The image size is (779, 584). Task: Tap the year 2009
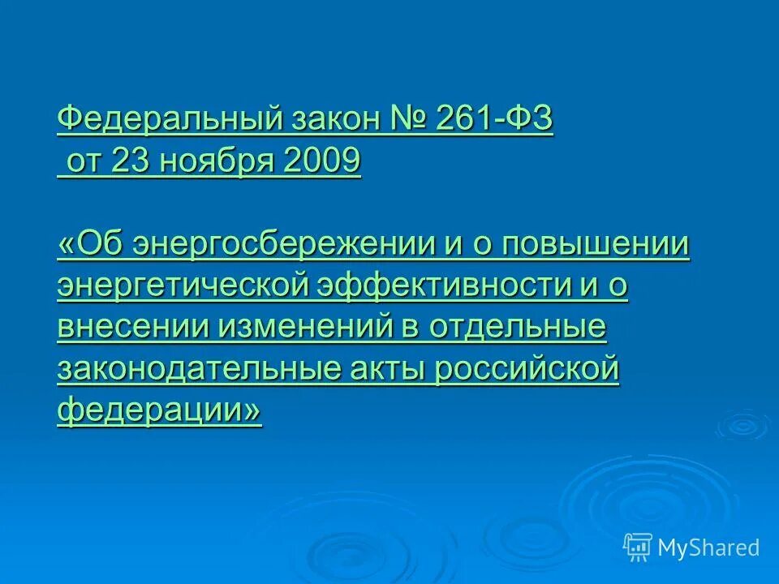(322, 163)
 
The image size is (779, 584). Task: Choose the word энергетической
(183, 287)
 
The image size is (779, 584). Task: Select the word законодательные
(199, 370)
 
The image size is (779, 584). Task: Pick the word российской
(527, 370)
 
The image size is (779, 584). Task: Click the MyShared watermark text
(708, 548)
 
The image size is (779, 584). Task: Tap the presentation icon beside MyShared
(638, 547)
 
